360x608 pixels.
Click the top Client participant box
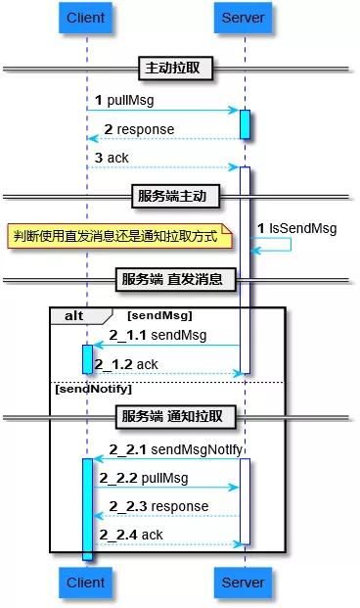pyautogui.click(x=86, y=19)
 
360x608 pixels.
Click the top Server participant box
pyautogui.click(x=244, y=19)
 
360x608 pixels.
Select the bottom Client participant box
pyautogui.click(x=86, y=583)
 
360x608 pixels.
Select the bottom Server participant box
pyautogui.click(x=244, y=583)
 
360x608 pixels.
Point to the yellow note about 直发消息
pyautogui.click(x=119, y=237)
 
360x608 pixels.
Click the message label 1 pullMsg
pyautogui.click(x=124, y=101)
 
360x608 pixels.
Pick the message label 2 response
pyautogui.click(x=139, y=129)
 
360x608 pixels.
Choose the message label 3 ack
pyautogui.click(x=112, y=158)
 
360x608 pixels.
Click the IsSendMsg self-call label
pyautogui.click(x=296, y=228)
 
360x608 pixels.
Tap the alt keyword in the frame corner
pyautogui.click(x=75, y=315)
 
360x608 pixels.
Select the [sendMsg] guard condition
pyautogui.click(x=159, y=315)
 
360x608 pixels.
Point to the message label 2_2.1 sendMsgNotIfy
pyautogui.click(x=164, y=449)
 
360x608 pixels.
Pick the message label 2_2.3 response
pyautogui.click(x=158, y=506)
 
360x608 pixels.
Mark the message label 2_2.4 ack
pyautogui.click(x=131, y=535)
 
